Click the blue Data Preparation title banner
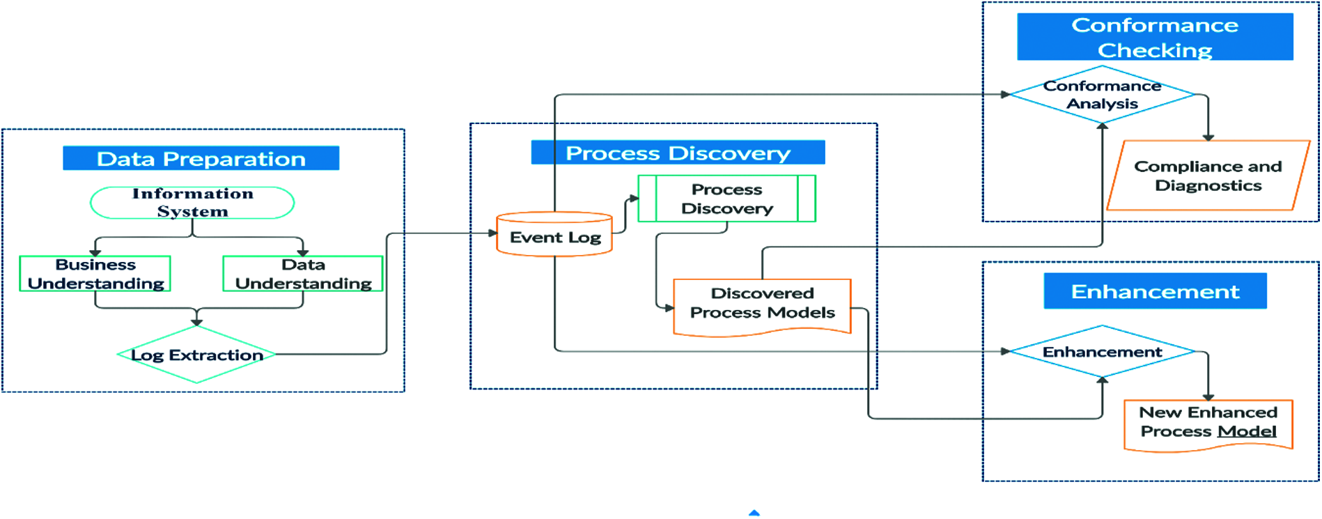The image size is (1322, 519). [x=201, y=158]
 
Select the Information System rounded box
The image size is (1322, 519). [x=192, y=203]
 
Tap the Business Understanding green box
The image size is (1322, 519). [x=95, y=274]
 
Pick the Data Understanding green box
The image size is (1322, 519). [x=303, y=274]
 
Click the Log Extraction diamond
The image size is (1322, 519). [x=196, y=355]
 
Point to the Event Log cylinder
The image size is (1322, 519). [x=554, y=236]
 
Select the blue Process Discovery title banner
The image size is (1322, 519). [x=678, y=153]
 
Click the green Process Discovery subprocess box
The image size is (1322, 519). [x=726, y=199]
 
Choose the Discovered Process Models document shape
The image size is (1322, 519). [x=762, y=304]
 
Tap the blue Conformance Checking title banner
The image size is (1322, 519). [x=1155, y=37]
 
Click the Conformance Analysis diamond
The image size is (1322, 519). [x=1102, y=95]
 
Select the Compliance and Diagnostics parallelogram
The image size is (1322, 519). [x=1208, y=176]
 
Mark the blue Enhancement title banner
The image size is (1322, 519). [x=1155, y=291]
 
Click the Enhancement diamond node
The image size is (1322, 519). [x=1102, y=352]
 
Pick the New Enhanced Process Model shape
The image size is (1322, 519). [x=1208, y=423]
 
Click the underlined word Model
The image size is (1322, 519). [x=1247, y=432]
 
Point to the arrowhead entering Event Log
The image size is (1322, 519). [x=492, y=233]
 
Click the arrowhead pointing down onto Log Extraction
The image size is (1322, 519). [x=197, y=322]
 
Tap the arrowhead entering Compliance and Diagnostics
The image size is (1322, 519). [x=1208, y=137]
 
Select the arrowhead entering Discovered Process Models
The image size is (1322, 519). [x=669, y=307]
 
